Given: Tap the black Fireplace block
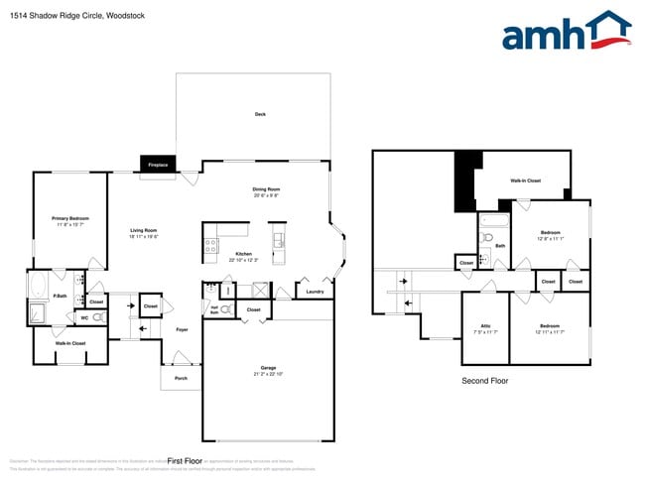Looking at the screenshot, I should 157,164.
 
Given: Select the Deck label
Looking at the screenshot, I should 260,114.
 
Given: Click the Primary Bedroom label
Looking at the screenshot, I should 70,218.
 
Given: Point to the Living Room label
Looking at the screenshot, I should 144,231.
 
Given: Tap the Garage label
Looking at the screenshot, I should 268,368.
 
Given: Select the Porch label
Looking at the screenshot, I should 181,377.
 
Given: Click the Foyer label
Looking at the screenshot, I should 182,329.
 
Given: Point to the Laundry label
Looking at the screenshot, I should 315,292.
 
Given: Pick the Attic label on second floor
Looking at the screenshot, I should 485,325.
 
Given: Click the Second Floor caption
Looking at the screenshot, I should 485,380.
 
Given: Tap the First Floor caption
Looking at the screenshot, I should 185,461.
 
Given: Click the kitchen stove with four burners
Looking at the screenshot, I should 211,247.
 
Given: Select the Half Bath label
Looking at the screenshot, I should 213,310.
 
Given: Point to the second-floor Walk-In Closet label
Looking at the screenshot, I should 525,181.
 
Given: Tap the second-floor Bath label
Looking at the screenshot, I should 500,245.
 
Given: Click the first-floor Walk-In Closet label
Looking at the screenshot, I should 70,343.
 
